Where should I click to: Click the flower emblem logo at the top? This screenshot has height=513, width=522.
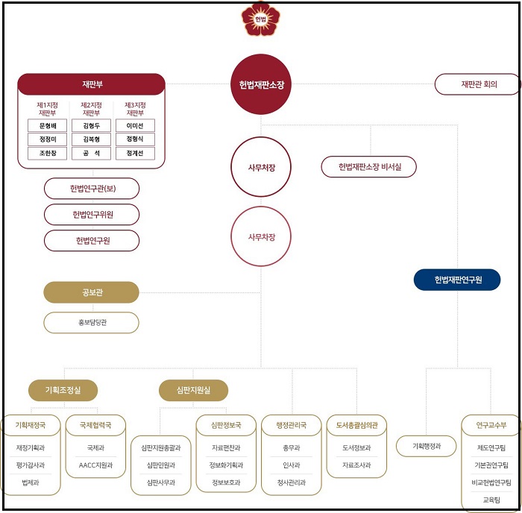pos(260,19)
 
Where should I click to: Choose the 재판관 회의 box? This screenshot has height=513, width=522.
pos(478,84)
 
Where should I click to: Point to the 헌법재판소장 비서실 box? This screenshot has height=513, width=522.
pos(368,167)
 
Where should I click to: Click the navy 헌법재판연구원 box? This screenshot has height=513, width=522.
pos(457,280)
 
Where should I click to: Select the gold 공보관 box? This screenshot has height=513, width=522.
pos(92,292)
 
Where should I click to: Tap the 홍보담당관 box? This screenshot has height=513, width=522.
pos(92,323)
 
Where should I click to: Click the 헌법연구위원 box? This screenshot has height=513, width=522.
pos(92,215)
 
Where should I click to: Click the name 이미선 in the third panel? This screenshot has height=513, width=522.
pos(135,126)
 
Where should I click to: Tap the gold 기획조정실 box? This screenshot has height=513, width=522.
pos(63,390)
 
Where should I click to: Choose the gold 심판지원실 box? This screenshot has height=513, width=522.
pos(193,390)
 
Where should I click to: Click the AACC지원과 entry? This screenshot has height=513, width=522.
pos(96,465)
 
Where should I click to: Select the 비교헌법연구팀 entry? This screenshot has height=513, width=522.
pos(491,482)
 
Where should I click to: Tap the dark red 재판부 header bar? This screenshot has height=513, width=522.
pos(91,84)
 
